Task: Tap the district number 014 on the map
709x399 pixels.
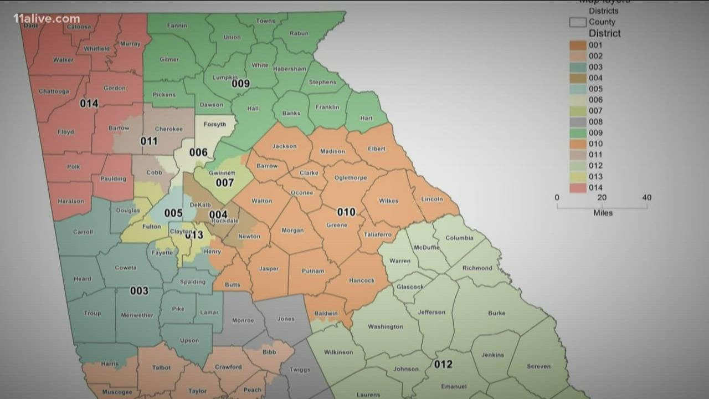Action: click(89, 104)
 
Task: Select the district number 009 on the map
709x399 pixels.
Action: click(240, 84)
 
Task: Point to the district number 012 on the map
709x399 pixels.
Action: click(443, 364)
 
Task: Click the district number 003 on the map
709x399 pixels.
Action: click(139, 291)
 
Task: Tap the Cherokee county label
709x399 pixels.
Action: click(168, 129)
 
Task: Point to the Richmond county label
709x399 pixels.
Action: click(477, 268)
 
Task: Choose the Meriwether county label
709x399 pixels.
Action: click(137, 315)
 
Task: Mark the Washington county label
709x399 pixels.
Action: click(386, 327)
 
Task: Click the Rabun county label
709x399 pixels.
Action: click(299, 33)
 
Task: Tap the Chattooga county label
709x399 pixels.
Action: click(54, 91)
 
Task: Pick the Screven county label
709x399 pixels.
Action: click(539, 366)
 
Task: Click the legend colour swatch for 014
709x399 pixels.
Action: click(578, 188)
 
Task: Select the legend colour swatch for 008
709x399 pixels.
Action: click(578, 122)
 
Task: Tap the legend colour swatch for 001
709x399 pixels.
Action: click(578, 45)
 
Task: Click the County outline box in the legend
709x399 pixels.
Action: click(578, 22)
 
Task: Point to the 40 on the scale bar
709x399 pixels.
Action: click(646, 198)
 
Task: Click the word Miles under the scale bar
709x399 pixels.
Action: click(603, 213)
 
